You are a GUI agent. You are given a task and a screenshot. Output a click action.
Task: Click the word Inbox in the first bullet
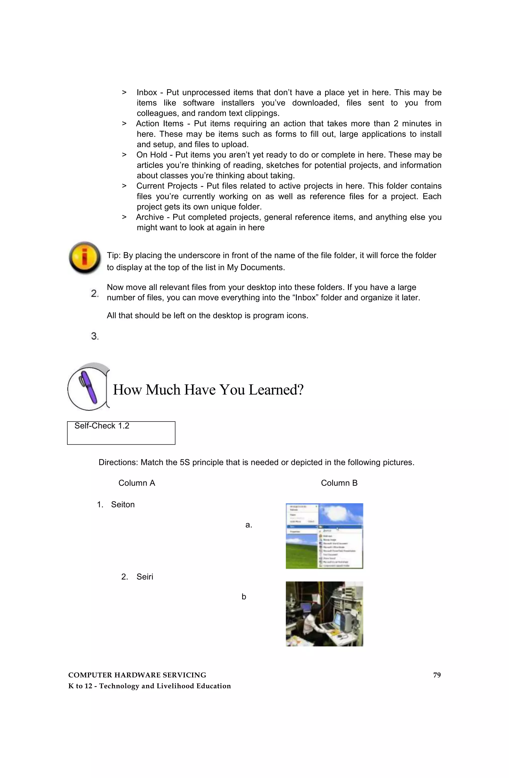[x=147, y=92]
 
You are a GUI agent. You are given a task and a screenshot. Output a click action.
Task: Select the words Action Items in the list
[x=160, y=123]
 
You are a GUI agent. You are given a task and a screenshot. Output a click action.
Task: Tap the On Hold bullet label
[x=151, y=155]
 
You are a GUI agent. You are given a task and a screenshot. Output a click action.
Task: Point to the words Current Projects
[x=167, y=186]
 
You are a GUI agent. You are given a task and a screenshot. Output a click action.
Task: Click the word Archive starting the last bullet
[x=150, y=217]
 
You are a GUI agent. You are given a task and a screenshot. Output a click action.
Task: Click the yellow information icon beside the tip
[x=85, y=258]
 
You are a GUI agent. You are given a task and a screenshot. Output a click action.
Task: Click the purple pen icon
[x=88, y=387]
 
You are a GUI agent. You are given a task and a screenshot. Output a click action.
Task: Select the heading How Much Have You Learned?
[x=208, y=390]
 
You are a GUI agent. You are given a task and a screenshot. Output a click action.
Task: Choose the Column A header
[x=136, y=483]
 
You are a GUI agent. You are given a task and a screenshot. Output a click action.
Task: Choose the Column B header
[x=339, y=483]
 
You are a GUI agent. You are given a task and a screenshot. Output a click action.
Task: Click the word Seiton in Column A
[x=123, y=505]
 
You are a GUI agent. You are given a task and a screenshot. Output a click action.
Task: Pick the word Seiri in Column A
[x=145, y=577]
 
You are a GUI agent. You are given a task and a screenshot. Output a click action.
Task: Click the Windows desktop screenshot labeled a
[x=324, y=536]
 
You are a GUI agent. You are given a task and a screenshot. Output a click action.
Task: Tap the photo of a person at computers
[x=324, y=614]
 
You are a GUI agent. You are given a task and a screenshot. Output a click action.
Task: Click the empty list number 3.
[x=94, y=336]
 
